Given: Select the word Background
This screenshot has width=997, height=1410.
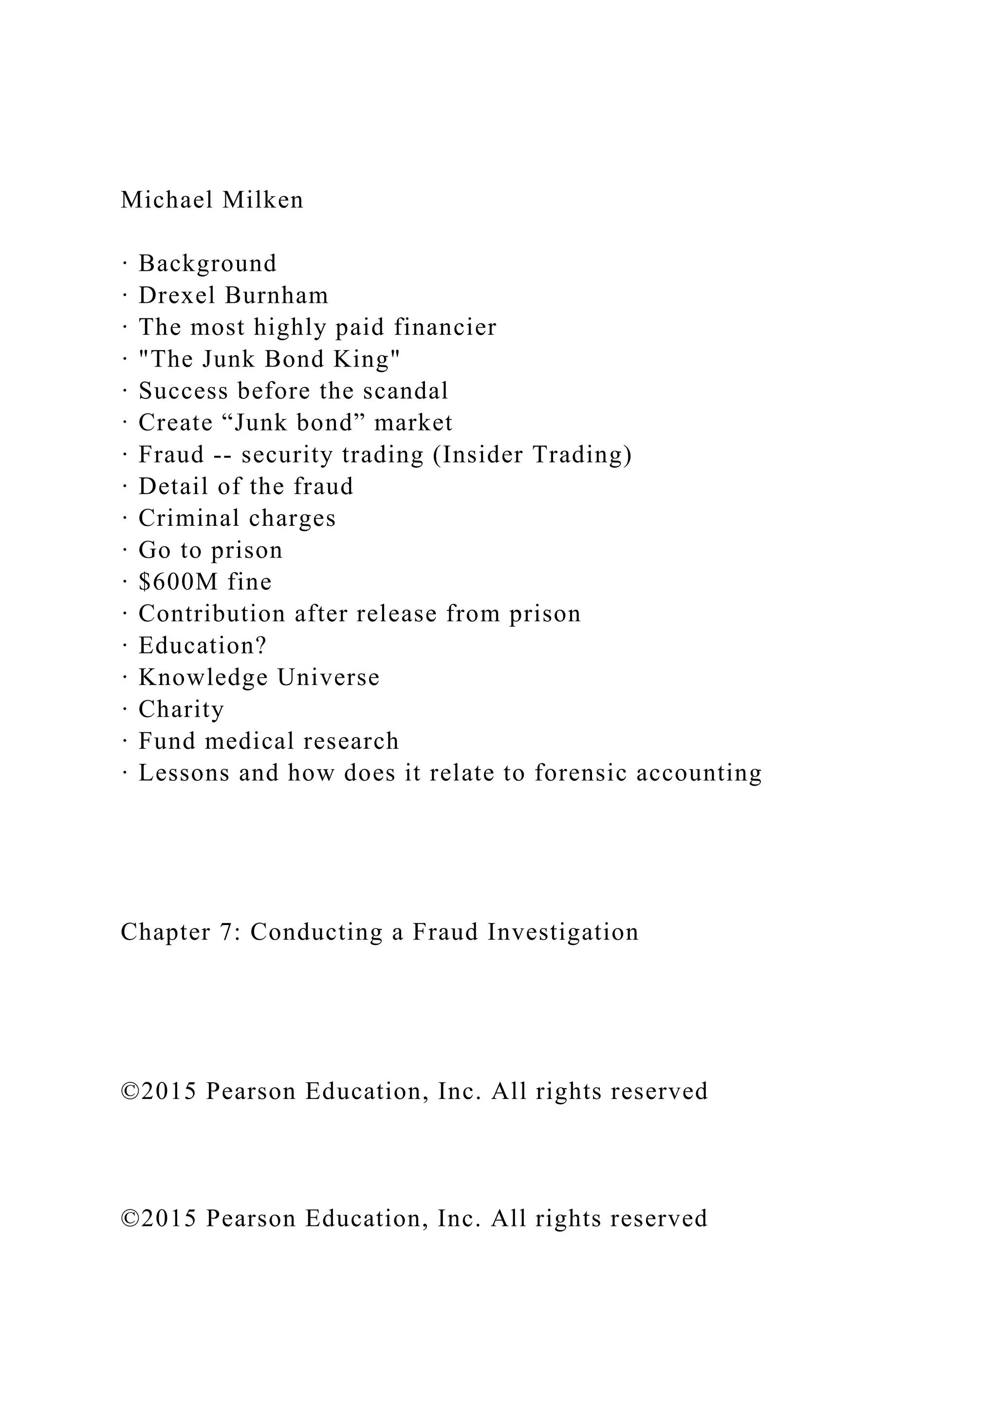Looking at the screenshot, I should click(x=207, y=264).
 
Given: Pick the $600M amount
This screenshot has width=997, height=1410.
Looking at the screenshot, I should click(x=178, y=582).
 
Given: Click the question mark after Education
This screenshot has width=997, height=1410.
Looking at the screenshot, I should click(x=261, y=646).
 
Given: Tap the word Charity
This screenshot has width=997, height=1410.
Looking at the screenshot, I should click(x=181, y=710).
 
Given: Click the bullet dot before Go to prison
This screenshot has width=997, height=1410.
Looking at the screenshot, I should click(x=125, y=550).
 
